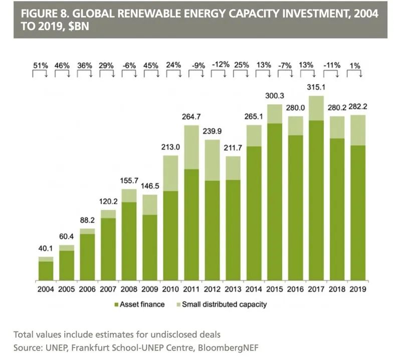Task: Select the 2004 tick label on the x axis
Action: [x=46, y=289]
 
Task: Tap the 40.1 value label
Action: [x=46, y=248]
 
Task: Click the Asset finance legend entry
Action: [x=139, y=304]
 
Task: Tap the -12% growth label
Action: [x=221, y=65]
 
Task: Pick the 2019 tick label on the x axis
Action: [x=358, y=289]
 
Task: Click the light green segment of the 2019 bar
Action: [x=358, y=130]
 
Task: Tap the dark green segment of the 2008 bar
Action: [x=129, y=241]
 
